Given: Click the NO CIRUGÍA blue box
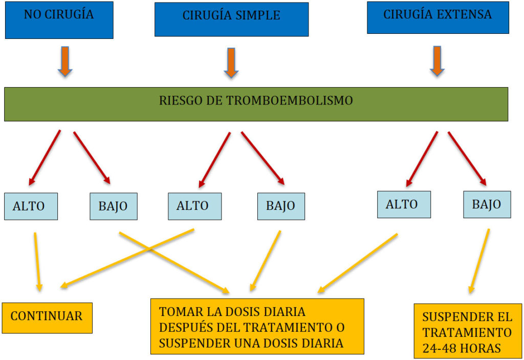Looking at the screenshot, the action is (59, 20).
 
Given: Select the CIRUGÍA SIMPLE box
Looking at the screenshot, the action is (231, 19).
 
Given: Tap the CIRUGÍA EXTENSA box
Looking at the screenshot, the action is (438, 17).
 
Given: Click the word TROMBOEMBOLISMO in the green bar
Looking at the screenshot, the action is (290, 100).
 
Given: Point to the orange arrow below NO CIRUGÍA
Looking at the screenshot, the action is (65, 61).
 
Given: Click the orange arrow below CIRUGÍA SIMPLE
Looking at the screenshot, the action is (231, 62).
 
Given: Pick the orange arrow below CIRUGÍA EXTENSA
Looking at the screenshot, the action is (437, 61).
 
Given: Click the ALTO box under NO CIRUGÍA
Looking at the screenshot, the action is (31, 206).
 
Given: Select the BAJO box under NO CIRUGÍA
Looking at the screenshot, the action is (113, 206).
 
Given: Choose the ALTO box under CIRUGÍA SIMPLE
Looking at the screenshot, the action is (194, 206).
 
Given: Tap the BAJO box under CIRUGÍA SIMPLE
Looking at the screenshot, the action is (281, 206).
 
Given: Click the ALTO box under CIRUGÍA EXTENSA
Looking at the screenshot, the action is (404, 204).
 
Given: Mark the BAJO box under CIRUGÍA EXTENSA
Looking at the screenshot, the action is (487, 204).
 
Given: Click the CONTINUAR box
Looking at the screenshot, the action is (47, 318).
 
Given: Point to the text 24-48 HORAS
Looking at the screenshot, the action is (462, 348).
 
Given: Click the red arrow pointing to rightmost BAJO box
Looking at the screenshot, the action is (467, 159).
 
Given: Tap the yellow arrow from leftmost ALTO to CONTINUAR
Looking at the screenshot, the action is (37, 262).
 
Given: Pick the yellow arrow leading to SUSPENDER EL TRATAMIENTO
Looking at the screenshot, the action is (479, 261).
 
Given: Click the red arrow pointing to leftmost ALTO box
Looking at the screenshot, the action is (45, 158).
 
